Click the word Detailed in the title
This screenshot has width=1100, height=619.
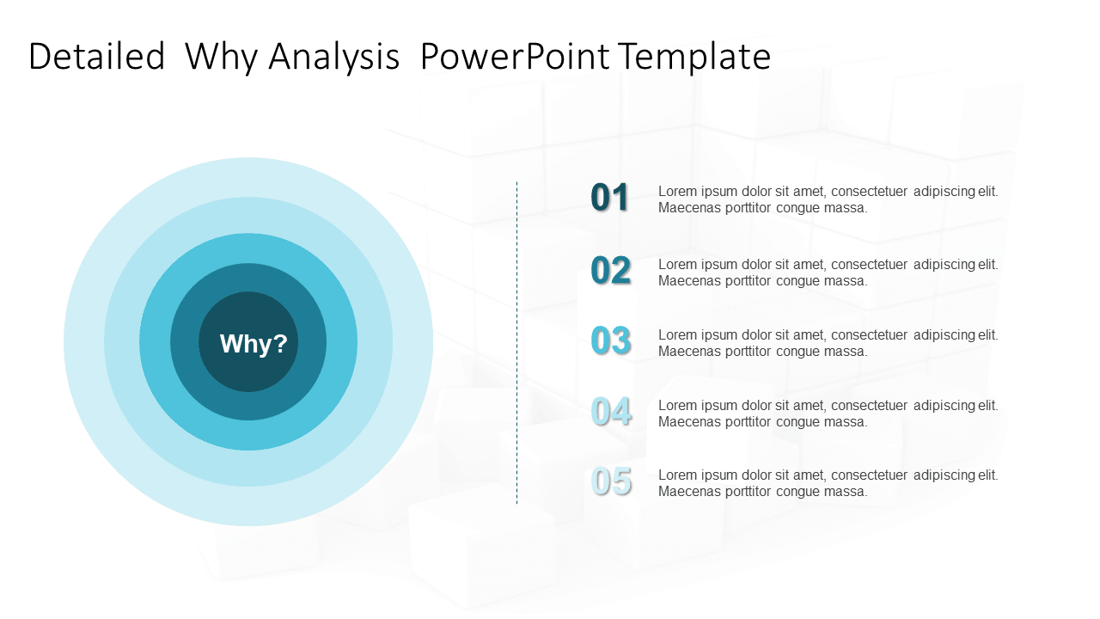pos(96,57)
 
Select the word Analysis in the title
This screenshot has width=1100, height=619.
pos(333,57)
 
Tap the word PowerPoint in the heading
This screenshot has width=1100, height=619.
pos(515,57)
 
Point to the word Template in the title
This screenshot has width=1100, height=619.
pos(694,57)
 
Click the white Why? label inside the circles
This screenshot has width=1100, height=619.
pos(254,344)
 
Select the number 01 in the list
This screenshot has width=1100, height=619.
pos(610,198)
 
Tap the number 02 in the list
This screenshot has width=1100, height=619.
pos(610,271)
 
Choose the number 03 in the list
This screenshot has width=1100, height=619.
pos(610,341)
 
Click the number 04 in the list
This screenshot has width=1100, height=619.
pos(610,412)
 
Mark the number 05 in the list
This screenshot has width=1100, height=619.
pos(610,481)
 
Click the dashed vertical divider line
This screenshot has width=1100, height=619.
pos(516,344)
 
